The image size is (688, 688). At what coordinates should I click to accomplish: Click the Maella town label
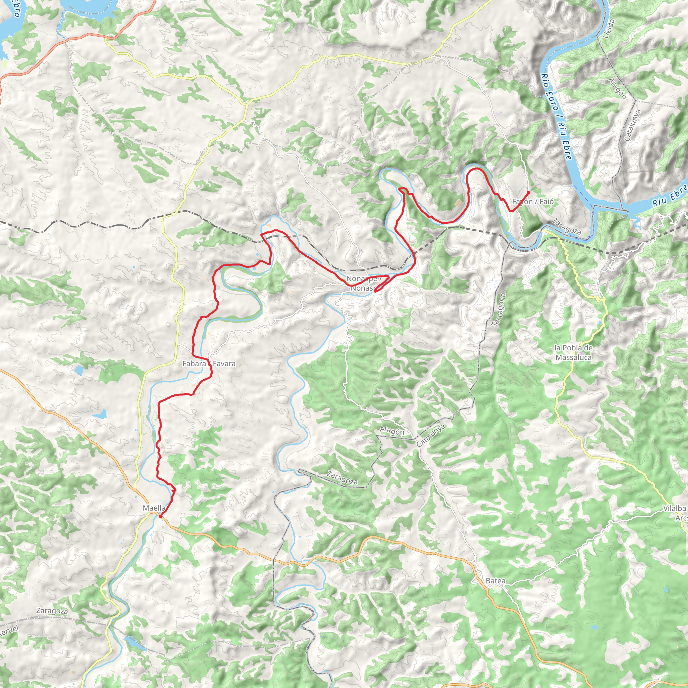point(154,508)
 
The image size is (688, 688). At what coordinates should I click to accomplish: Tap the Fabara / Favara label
point(209,363)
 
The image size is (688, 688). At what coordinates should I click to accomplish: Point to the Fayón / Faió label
point(533,202)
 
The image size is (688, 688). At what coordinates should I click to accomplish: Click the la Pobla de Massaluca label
point(573,352)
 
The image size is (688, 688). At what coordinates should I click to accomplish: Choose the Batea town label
point(496,581)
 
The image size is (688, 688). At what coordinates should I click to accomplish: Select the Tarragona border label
point(498,310)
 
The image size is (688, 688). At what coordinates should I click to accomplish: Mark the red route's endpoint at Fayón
point(528,192)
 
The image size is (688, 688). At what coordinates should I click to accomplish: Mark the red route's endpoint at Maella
point(161,516)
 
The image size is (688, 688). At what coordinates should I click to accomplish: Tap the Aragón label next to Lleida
point(617,88)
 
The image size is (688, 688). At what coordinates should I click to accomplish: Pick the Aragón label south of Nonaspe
point(392,431)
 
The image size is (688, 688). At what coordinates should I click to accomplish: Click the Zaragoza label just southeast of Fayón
point(566,226)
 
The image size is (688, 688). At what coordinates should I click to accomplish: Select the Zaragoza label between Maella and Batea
point(342,478)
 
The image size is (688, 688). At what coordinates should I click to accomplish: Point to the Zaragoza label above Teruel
point(52,611)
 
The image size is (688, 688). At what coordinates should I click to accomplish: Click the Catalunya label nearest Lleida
point(633,125)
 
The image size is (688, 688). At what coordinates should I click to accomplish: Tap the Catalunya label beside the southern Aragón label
point(431,435)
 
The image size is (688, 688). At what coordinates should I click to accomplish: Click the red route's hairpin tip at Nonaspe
point(375,292)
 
